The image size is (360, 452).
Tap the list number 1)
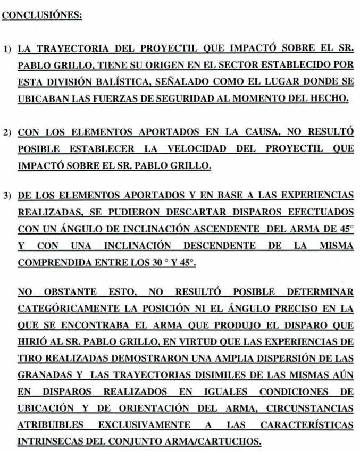coord(8,49)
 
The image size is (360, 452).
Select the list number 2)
coord(8,132)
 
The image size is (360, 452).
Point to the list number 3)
coord(8,196)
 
